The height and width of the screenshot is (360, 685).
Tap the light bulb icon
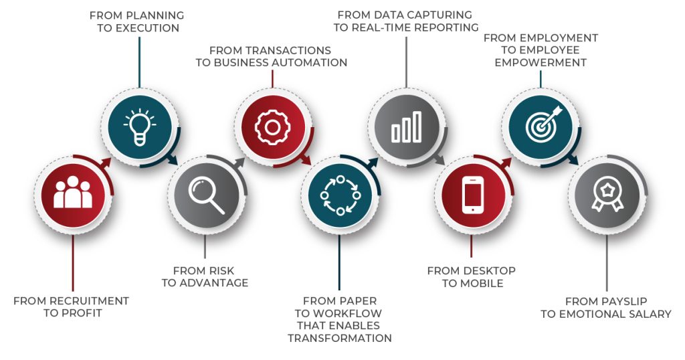coord(140,125)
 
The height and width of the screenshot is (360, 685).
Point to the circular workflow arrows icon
coord(339,195)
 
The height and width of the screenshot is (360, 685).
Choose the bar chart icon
coord(406,125)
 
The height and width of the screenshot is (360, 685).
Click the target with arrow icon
coord(540,125)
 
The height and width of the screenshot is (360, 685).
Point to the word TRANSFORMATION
coord(340,339)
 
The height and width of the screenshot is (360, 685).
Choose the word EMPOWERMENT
coord(541,62)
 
